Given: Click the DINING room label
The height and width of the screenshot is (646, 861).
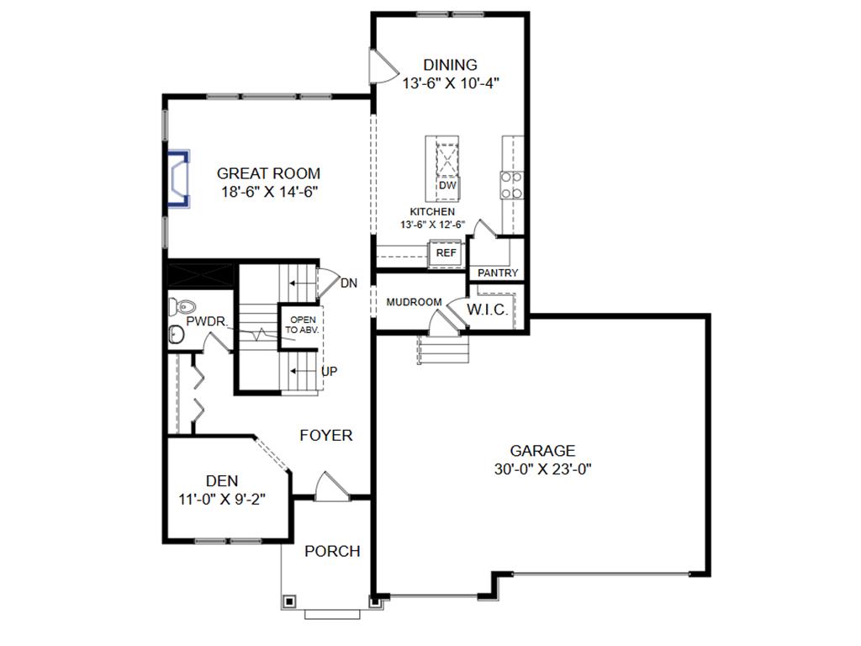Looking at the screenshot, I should (450, 65).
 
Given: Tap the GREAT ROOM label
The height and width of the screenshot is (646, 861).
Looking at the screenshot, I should (268, 174).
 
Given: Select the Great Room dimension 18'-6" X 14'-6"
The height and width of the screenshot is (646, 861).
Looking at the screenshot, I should (268, 192).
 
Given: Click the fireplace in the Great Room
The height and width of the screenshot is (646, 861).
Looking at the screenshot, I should (178, 177).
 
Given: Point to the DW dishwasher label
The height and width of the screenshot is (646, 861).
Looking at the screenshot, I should (447, 185).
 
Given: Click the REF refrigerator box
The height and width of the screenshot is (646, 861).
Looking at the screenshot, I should (446, 252).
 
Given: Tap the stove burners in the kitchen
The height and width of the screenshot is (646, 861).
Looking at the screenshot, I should (512, 185).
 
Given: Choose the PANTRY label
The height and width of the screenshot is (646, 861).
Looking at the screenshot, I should (498, 273).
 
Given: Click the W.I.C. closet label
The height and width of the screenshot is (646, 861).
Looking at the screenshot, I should (488, 310).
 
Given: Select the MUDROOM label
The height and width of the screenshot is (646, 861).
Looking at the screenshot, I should (414, 302).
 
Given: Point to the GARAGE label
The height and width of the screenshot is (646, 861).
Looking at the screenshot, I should (542, 451).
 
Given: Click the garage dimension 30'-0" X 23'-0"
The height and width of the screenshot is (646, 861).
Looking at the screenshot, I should (543, 469).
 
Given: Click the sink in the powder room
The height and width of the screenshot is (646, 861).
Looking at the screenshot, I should (177, 335).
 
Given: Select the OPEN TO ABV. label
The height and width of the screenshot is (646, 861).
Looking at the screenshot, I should (303, 325).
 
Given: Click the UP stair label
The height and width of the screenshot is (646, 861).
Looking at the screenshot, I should (329, 371).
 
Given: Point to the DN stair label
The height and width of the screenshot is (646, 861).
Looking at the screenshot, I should (349, 283).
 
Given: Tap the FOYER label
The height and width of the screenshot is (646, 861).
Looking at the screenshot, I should (326, 436).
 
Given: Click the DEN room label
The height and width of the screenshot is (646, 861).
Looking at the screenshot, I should (221, 481).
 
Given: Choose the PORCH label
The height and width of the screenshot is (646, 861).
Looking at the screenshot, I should (332, 552).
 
